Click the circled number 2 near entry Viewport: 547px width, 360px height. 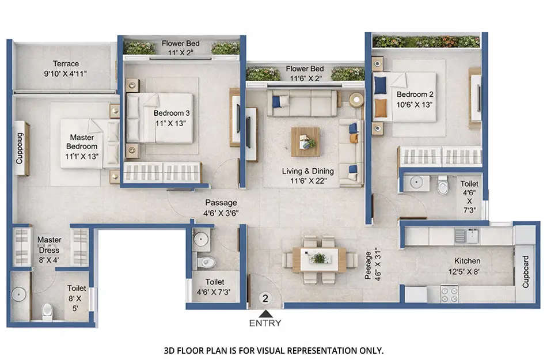[x=265, y=298]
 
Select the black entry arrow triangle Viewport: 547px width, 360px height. [x=265, y=313]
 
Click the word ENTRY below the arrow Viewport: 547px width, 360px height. [x=265, y=323]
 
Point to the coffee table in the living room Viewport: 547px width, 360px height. [x=306, y=142]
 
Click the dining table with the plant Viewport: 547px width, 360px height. [x=318, y=259]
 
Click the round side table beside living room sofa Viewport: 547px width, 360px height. [x=357, y=99]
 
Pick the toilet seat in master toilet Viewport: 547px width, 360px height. [x=47, y=312]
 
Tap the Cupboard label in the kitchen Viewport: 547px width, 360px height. [x=525, y=272]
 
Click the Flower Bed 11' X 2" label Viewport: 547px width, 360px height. [x=181, y=48]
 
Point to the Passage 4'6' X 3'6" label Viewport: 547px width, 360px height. [x=222, y=207]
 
